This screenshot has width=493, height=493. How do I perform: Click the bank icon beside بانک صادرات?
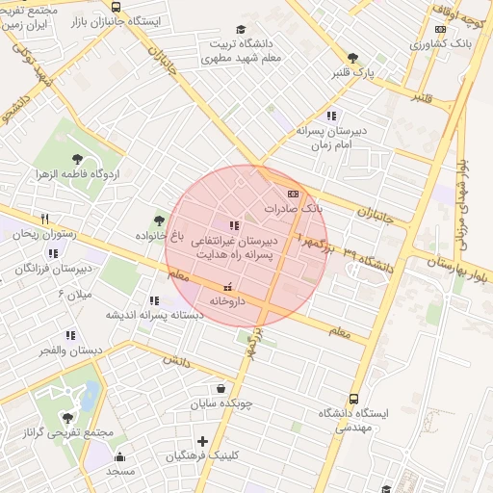pyautogui.click(x=293, y=194)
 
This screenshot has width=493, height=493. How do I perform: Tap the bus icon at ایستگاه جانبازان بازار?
pyautogui.click(x=117, y=8)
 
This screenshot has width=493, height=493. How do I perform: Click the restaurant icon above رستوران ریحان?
pyautogui.click(x=44, y=220)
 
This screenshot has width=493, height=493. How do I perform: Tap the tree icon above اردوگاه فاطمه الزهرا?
pyautogui.click(x=78, y=159)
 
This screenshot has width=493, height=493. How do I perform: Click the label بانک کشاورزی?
pyautogui.click(x=442, y=44)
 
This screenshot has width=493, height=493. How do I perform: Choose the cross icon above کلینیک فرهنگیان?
pyautogui.click(x=202, y=441)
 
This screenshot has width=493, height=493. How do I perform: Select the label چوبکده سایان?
pyautogui.click(x=222, y=403)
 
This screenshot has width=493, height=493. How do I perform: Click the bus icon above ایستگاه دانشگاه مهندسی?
pyautogui.click(x=353, y=398)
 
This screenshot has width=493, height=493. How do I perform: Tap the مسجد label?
pyautogui.click(x=120, y=471)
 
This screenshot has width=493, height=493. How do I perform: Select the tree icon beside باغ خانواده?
pyautogui.click(x=159, y=221)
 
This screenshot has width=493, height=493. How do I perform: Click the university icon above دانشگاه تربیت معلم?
pyautogui.click(x=240, y=30)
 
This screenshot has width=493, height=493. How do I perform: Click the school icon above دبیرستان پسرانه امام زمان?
pyautogui.click(x=331, y=116)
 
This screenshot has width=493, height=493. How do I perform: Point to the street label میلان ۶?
pyautogui.click(x=74, y=293)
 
